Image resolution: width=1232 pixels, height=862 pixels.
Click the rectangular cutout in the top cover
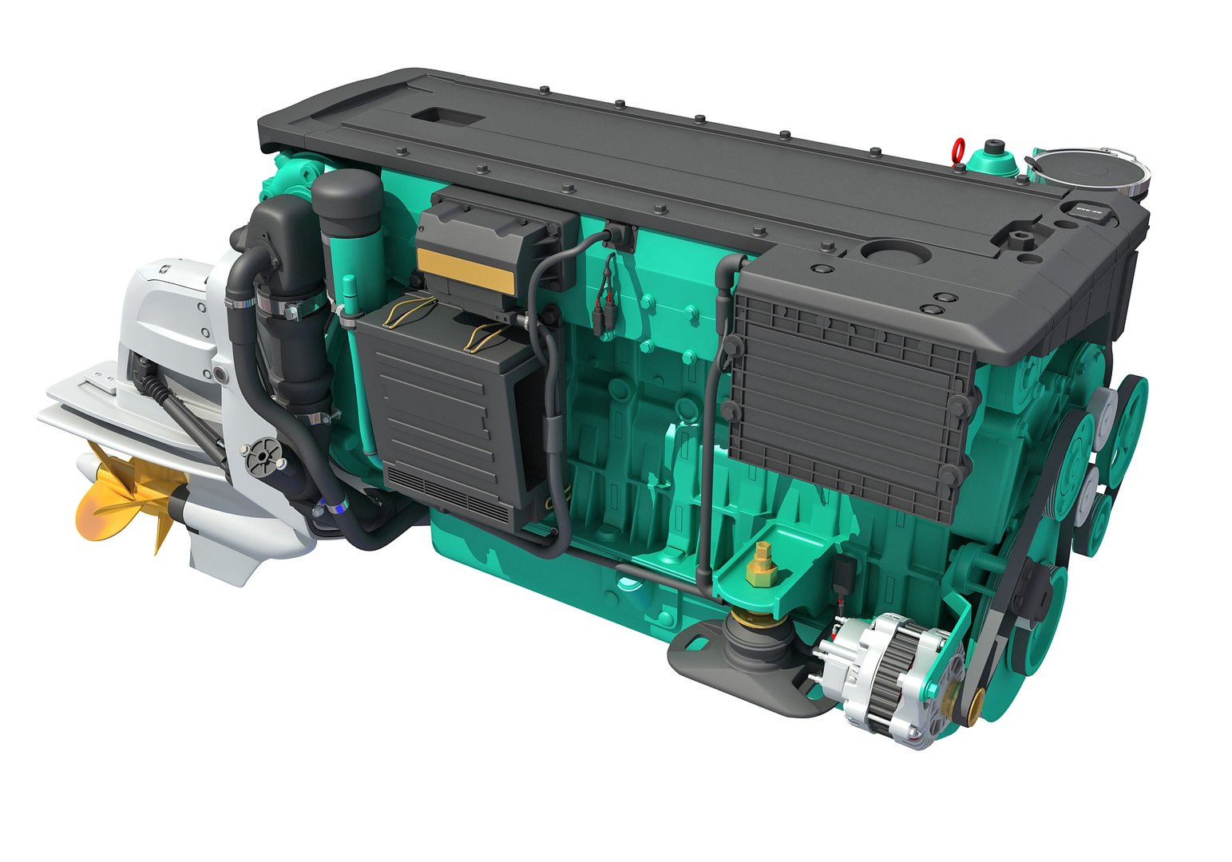(448, 117)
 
